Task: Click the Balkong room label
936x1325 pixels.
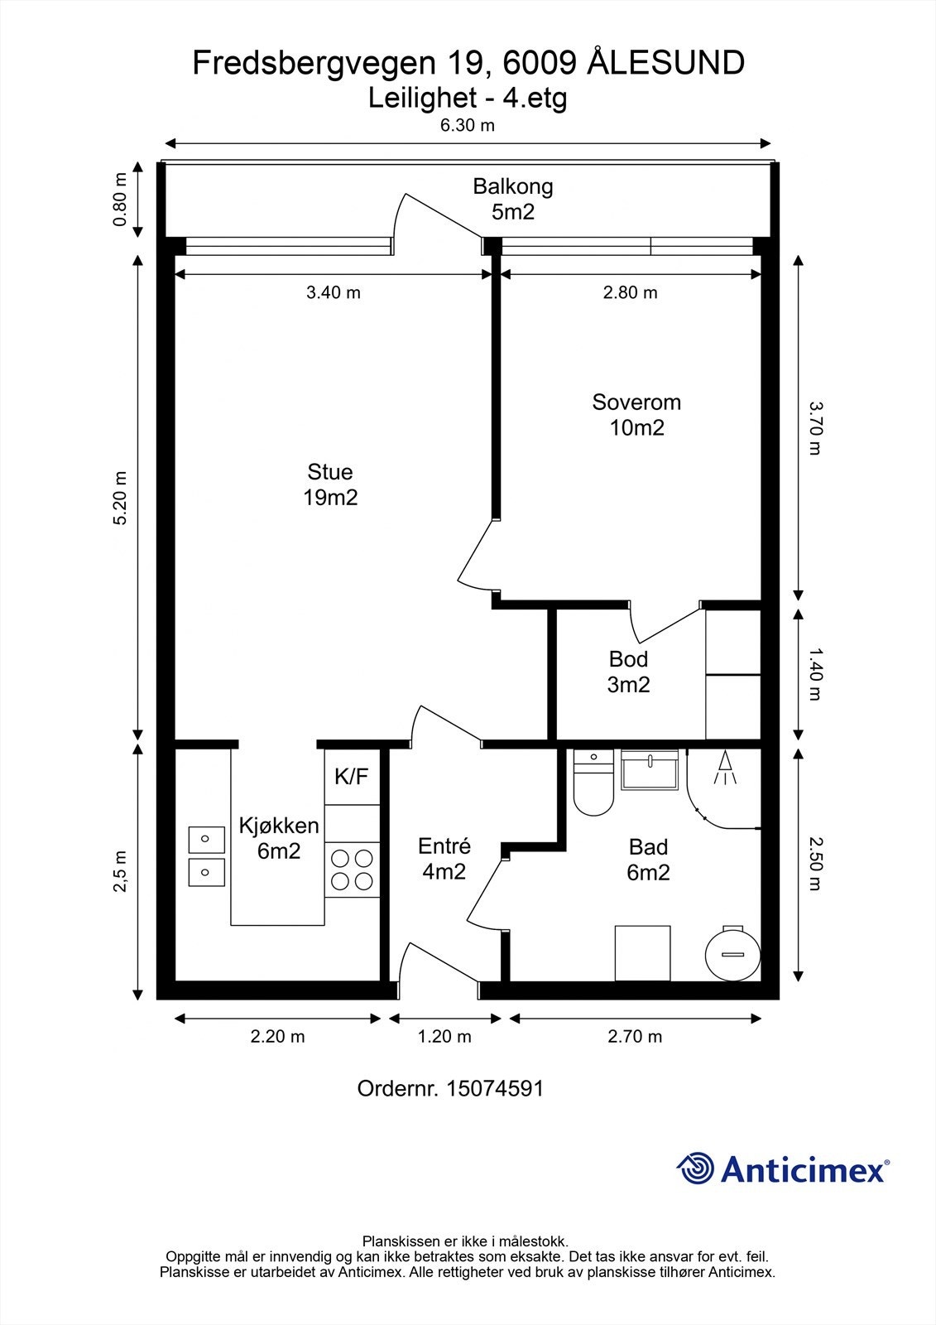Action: pyautogui.click(x=512, y=186)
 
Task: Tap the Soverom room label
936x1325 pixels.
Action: pyautogui.click(x=636, y=402)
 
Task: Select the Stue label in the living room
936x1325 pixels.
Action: pyautogui.click(x=330, y=471)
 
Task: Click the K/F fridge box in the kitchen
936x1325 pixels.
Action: pyautogui.click(x=352, y=777)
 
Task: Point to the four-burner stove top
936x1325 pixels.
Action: pyautogui.click(x=352, y=870)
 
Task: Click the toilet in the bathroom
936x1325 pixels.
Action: pyautogui.click(x=593, y=783)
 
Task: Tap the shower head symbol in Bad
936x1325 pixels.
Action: pyautogui.click(x=725, y=767)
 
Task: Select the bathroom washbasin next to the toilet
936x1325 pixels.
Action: pyautogui.click(x=649, y=769)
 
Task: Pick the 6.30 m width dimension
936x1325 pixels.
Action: pyautogui.click(x=467, y=125)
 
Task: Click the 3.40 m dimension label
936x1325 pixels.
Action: pyautogui.click(x=333, y=292)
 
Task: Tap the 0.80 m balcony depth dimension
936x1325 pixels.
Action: pyautogui.click(x=120, y=200)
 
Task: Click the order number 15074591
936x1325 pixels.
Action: pyautogui.click(x=494, y=1088)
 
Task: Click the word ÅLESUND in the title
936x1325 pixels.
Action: pyautogui.click(x=665, y=63)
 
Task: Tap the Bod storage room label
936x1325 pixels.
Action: pyautogui.click(x=628, y=659)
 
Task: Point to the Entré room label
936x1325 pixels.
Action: pyautogui.click(x=444, y=846)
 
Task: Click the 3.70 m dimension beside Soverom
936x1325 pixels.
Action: pyautogui.click(x=816, y=428)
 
